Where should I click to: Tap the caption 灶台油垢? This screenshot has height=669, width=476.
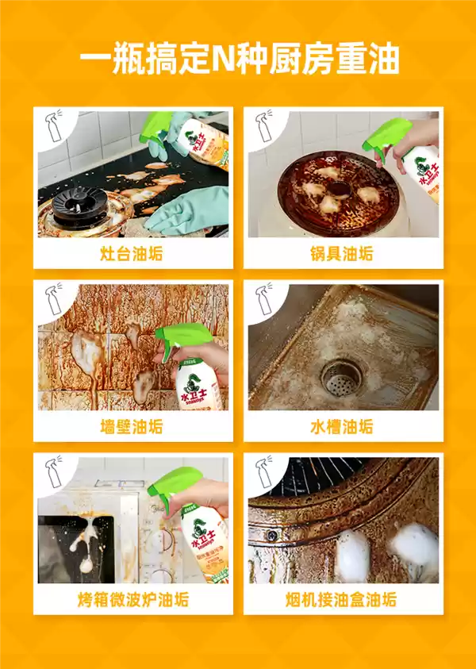coord(132,255)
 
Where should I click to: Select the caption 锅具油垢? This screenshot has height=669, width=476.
coord(342,255)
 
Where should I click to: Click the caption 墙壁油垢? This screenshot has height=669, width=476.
coord(132,427)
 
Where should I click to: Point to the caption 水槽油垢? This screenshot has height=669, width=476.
coord(342,427)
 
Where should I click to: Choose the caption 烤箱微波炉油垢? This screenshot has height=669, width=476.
coord(132,599)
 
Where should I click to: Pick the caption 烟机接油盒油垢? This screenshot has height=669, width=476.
coord(342,599)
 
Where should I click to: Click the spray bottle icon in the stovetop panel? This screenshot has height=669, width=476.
coord(55,127)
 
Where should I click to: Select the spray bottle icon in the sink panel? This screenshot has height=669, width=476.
coord(265,299)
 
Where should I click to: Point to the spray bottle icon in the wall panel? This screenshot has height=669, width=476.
coord(55,299)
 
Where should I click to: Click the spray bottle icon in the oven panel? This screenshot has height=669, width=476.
coord(55,471)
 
